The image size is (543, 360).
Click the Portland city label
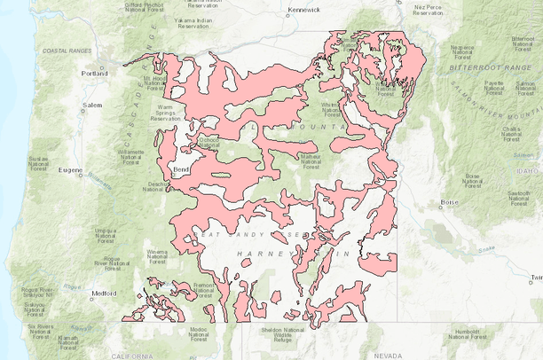(x=94, y=74)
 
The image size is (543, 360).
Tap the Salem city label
(x=93, y=105)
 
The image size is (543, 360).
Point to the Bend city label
(x=181, y=167)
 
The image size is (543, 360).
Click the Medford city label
(x=104, y=292)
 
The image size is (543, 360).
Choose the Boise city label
(x=449, y=203)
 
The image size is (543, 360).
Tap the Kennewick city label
(x=303, y=11)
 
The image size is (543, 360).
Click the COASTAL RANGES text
(x=62, y=51)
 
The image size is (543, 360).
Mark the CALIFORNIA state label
(x=134, y=354)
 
